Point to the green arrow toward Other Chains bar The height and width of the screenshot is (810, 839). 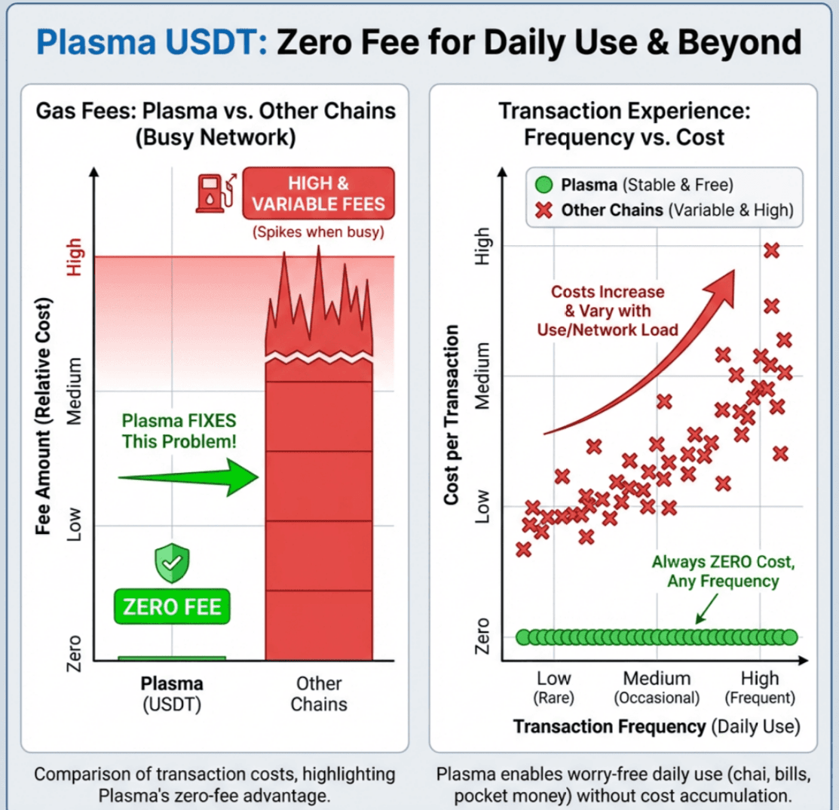[188, 478]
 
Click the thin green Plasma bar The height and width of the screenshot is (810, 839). [172, 658]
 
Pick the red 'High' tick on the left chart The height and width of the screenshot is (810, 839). [75, 256]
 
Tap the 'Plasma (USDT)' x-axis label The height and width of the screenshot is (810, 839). [172, 694]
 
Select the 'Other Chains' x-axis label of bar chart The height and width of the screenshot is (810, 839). [319, 694]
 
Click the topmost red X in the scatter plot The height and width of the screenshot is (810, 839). [771, 250]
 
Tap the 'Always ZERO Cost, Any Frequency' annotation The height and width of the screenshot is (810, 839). [722, 572]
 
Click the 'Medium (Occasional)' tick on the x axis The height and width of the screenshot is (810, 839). [657, 686]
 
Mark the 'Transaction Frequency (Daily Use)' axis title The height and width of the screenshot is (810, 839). [655, 726]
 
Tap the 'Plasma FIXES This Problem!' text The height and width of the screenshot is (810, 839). [179, 431]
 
